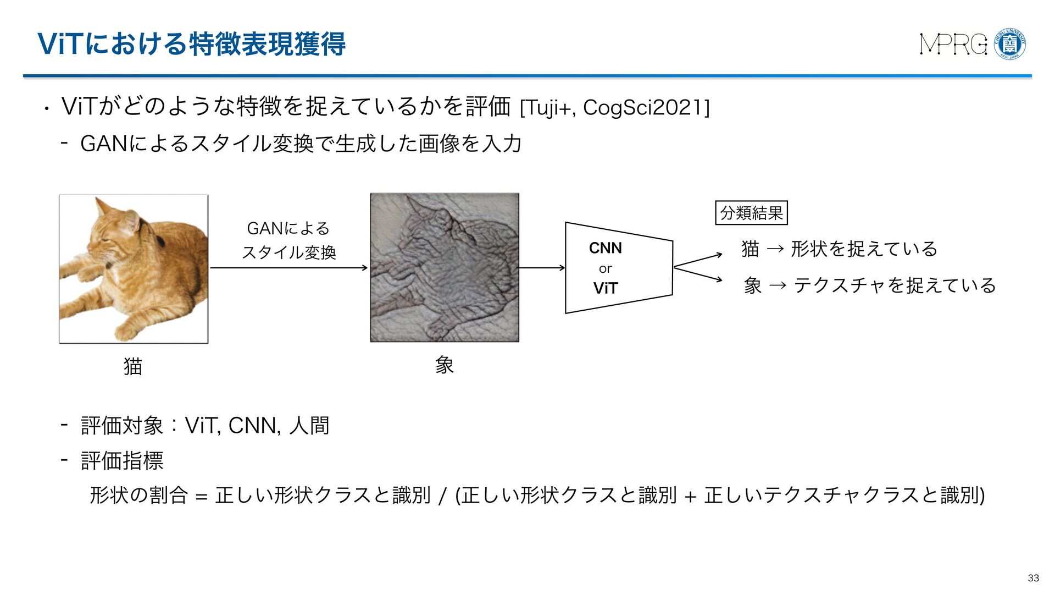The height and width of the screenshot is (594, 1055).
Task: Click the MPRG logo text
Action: pyautogui.click(x=954, y=45)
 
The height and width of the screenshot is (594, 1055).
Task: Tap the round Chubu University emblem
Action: pyautogui.click(x=1010, y=44)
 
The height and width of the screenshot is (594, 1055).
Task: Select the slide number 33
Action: pyautogui.click(x=1033, y=577)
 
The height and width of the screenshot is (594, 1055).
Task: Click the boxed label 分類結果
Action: pyautogui.click(x=751, y=213)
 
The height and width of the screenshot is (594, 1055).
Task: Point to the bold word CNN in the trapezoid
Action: pyautogui.click(x=606, y=248)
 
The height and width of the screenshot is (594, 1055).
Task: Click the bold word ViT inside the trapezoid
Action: pyautogui.click(x=606, y=288)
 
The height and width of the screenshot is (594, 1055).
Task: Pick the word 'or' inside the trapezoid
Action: pyautogui.click(x=605, y=268)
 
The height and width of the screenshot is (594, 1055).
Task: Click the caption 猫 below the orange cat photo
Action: pyautogui.click(x=133, y=366)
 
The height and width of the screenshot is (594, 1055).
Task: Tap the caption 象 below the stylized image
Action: pyautogui.click(x=444, y=365)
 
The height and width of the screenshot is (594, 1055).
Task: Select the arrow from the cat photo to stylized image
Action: pyautogui.click(x=288, y=268)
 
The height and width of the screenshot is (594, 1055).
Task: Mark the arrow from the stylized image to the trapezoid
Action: pyautogui.click(x=542, y=268)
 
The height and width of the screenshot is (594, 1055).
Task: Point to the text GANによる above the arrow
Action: pyautogui.click(x=288, y=228)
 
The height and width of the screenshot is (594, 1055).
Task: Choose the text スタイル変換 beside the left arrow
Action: pyautogui.click(x=288, y=252)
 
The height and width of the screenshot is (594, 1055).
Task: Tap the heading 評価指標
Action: pyautogui.click(x=122, y=460)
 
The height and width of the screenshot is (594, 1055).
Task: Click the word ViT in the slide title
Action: pyautogui.click(x=60, y=44)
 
